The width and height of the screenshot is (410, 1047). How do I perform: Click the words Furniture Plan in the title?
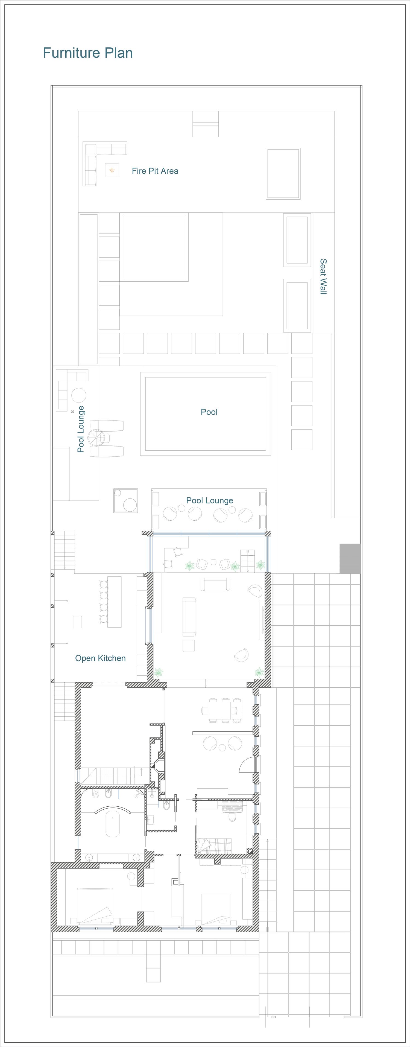[x=88, y=53]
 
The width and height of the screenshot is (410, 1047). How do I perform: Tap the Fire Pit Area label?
[x=155, y=171]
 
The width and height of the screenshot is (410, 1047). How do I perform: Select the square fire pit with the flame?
[x=112, y=170]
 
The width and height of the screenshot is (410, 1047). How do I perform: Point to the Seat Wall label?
[x=323, y=276]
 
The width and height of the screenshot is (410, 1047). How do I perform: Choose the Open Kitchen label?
[x=100, y=658]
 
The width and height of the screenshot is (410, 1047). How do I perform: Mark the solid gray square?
[x=350, y=558]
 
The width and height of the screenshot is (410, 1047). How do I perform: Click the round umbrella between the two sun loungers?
[x=96, y=438]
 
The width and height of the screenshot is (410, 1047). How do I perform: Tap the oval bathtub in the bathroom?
[x=113, y=823]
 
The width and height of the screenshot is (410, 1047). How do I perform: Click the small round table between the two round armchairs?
[x=222, y=748]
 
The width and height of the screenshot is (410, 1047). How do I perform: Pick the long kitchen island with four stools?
[x=114, y=602]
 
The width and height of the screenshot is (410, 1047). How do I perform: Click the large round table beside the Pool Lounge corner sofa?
[x=79, y=395]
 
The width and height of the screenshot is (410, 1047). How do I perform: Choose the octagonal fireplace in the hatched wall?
[x=158, y=766]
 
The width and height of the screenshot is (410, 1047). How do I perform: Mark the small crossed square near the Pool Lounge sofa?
[x=72, y=411]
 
